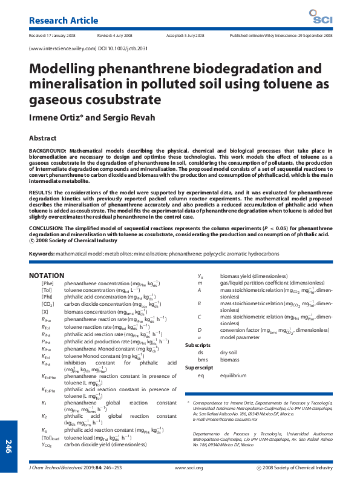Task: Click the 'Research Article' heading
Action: coord(60,21)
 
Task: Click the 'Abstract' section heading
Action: coord(43,138)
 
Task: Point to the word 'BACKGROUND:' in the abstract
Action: coord(47,150)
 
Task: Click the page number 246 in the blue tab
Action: coord(8,447)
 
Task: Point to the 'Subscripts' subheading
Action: coord(198,345)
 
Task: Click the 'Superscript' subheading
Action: coord(198,368)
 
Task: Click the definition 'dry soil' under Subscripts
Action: coord(228,352)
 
